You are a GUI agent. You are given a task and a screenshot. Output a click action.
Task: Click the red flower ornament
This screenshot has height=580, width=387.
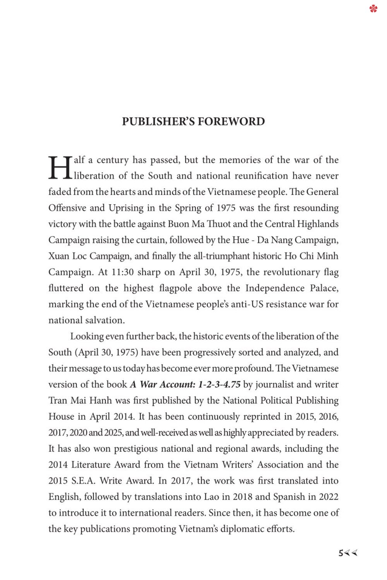[373, 8]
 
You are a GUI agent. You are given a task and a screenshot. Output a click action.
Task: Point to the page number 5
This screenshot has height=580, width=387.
[341, 553]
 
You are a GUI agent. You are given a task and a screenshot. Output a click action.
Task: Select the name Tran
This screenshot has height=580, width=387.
[58, 400]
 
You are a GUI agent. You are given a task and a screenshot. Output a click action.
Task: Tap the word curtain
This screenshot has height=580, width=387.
[150, 240]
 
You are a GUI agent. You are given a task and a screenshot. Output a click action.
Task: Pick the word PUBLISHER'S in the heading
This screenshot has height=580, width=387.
[158, 121]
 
